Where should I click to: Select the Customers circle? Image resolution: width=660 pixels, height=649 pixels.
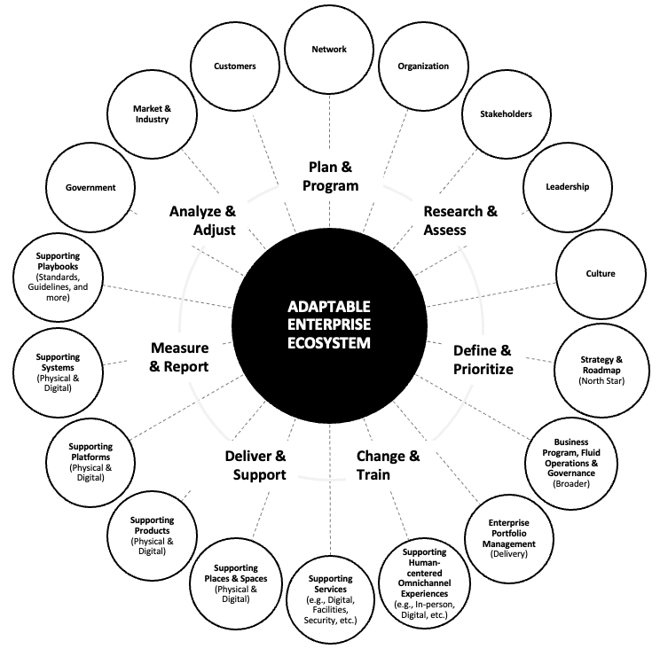(x=235, y=66)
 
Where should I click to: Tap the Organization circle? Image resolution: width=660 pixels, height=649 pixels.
(x=423, y=66)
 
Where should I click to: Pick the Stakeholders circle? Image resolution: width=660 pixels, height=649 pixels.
(x=506, y=113)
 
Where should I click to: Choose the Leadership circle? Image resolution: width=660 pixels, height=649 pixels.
(x=568, y=187)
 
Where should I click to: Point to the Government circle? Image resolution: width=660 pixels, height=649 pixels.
(x=90, y=187)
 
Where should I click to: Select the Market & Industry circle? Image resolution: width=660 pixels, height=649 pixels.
(x=151, y=113)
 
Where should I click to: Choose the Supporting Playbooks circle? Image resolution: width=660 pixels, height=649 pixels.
(x=59, y=274)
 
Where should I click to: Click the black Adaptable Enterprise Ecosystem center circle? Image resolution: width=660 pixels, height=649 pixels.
(x=329, y=325)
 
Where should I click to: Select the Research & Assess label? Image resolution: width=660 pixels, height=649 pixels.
(x=460, y=221)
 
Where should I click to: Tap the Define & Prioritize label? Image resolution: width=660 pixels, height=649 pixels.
(x=483, y=359)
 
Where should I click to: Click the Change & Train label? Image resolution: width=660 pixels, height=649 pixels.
(x=388, y=465)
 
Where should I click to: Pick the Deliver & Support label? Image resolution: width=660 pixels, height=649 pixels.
(x=255, y=465)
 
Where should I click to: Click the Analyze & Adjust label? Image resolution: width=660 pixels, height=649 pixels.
(x=202, y=221)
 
